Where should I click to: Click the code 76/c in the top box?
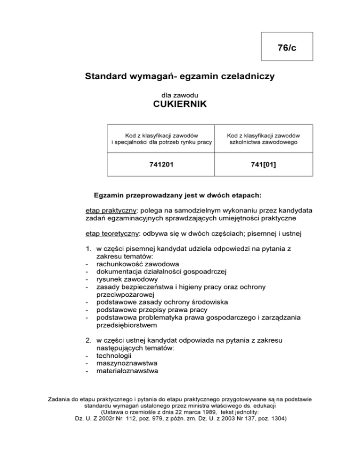click(x=286, y=47)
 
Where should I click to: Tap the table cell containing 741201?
click(x=160, y=164)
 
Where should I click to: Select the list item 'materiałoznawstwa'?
click(x=127, y=371)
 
